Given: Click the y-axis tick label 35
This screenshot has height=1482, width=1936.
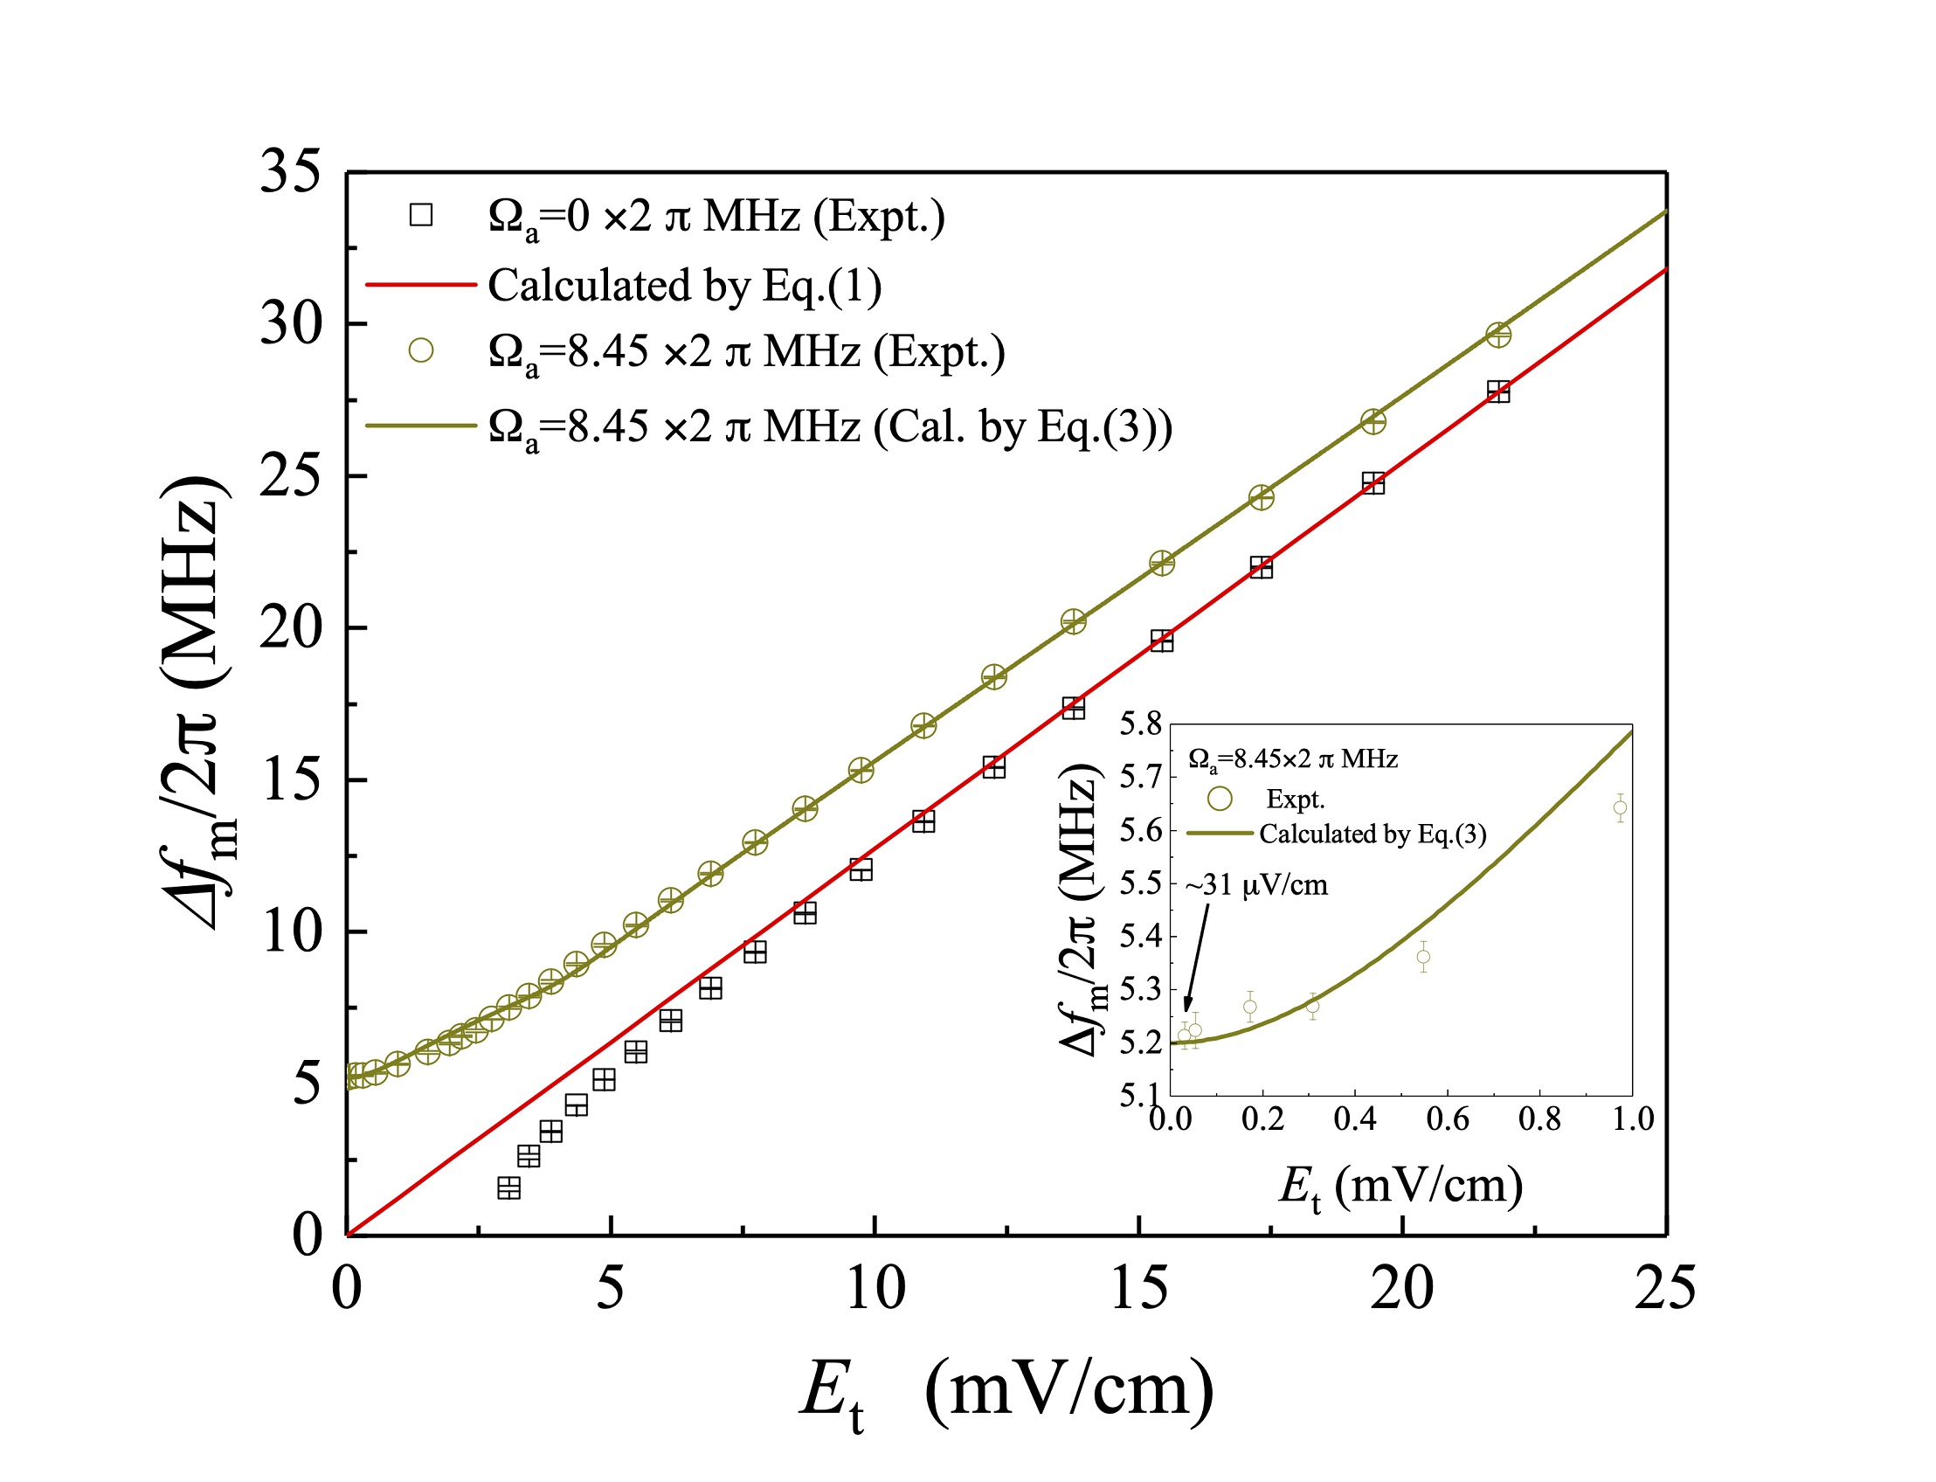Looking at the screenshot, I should (x=289, y=171).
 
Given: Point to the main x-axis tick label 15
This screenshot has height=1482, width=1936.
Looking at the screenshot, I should (x=1138, y=1289).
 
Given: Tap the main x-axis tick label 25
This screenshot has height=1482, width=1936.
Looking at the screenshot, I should (x=1664, y=1289).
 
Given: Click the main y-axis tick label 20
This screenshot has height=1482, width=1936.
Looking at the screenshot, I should (x=289, y=628).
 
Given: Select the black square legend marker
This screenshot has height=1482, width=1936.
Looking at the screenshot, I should (x=421, y=215).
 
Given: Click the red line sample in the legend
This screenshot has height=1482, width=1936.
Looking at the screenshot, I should (x=421, y=284).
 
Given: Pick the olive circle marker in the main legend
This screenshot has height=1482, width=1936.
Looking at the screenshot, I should (x=421, y=350).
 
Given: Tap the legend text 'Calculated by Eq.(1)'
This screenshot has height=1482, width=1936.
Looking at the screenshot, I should (x=684, y=286).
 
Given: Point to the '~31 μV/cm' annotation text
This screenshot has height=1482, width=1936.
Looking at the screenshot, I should (x=1256, y=885).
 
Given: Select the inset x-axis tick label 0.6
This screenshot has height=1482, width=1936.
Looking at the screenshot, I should (x=1448, y=1118).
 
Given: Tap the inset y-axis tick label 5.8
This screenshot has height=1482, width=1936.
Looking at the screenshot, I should (x=1140, y=724).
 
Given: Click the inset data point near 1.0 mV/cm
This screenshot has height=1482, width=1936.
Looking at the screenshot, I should (x=1620, y=807).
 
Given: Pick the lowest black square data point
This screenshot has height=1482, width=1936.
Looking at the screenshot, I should (x=509, y=1188).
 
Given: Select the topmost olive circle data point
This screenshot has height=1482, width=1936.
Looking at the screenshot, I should (x=1497, y=336).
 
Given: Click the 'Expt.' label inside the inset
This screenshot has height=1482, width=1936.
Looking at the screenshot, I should (x=1295, y=800).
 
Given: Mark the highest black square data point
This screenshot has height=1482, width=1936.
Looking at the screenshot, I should (x=1497, y=391).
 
